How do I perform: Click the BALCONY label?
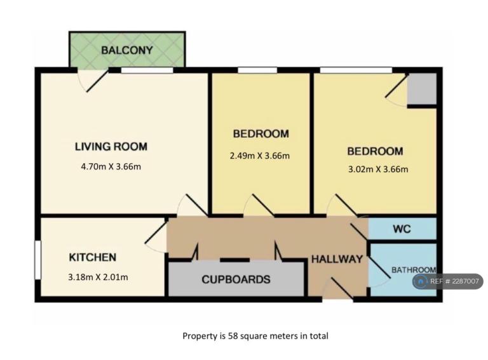click(127, 50)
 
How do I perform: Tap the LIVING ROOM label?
click(111, 147)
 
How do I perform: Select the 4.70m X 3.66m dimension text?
click(111, 166)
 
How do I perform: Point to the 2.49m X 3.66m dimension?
click(259, 156)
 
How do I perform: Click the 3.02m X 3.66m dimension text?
click(378, 170)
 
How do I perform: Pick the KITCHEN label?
click(92, 257)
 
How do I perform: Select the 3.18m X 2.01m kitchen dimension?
click(98, 277)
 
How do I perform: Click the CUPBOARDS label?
click(236, 279)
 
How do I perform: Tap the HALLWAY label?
click(337, 259)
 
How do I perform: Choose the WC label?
click(402, 229)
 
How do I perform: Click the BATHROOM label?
click(414, 270)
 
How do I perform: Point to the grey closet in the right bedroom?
click(422, 89)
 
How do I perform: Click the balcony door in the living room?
click(93, 81)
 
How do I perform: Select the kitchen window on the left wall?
click(37, 260)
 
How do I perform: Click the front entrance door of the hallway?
click(337, 289)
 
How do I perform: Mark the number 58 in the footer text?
click(233, 336)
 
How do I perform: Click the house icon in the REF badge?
click(421, 282)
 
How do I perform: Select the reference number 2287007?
click(466, 282)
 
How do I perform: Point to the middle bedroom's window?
click(257, 70)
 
